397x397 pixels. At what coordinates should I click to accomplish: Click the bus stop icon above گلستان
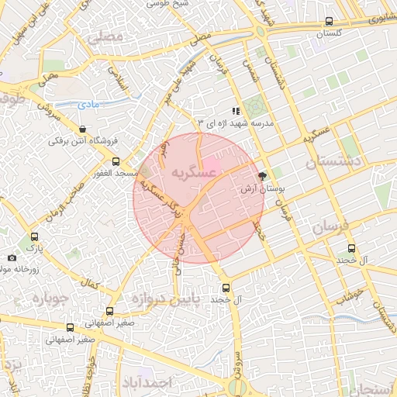[x=330, y=22]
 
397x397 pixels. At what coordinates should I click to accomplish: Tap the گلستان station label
[x=330, y=33]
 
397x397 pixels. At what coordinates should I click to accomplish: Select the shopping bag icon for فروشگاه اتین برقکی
[x=83, y=129]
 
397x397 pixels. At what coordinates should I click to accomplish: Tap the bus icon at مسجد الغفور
[x=116, y=161]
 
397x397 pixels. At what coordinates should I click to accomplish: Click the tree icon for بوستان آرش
[x=262, y=176]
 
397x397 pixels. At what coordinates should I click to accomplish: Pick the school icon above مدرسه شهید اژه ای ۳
[x=236, y=111]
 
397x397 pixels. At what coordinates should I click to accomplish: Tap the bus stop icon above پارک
[x=33, y=236]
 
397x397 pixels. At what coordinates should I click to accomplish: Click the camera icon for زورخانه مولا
[x=12, y=257]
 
